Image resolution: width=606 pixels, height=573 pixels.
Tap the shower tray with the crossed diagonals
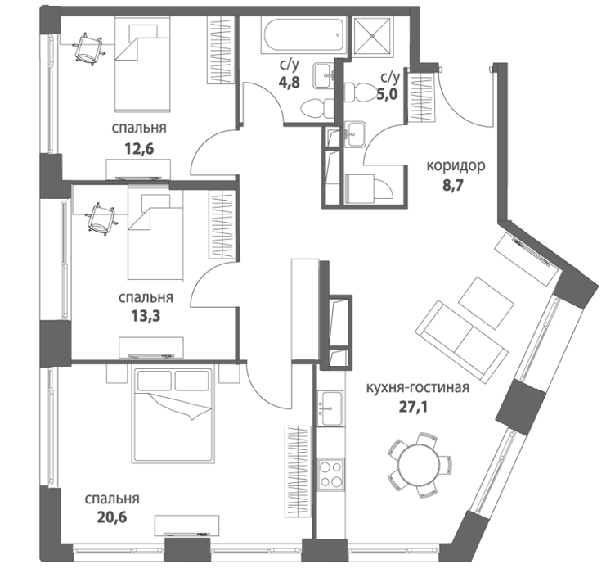373,35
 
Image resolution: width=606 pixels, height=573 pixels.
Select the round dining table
419,464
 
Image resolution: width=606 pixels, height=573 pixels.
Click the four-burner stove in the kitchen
330,474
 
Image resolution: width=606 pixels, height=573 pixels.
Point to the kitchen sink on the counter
330,408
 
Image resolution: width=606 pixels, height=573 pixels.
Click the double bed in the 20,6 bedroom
173,415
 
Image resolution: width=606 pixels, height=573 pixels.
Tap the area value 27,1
413,407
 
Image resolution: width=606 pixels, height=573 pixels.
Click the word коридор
456,165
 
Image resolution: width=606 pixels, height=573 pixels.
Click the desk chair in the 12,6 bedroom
88,49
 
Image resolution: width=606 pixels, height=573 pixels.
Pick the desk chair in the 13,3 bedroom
102,219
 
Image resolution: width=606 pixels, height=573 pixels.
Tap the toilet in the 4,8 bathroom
317,108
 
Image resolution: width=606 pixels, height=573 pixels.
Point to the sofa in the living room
461,341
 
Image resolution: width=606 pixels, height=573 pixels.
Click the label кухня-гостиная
418,387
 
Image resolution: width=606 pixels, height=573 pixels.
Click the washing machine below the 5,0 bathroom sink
359,188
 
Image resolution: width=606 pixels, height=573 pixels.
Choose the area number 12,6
139,148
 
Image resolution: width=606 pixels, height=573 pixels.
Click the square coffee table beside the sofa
486,303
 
